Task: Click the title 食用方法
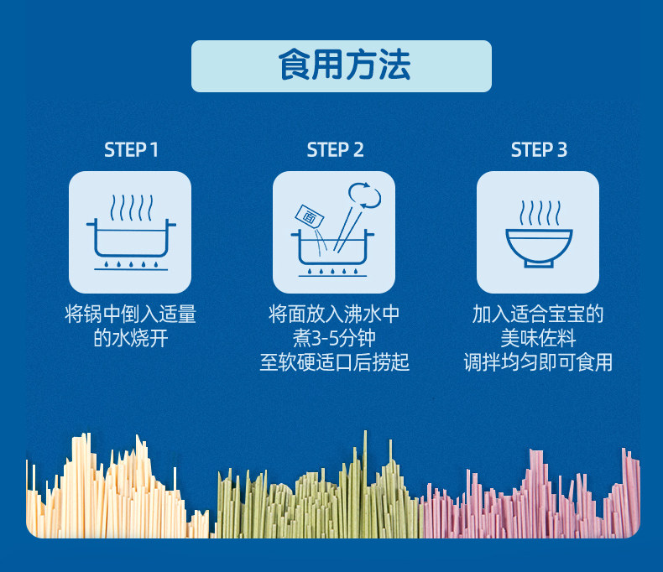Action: (342, 65)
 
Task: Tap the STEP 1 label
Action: (131, 150)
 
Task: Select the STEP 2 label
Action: (335, 150)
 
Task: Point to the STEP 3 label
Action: (539, 150)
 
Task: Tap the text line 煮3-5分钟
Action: (334, 339)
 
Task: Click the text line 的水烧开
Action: (130, 339)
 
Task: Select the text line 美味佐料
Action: (538, 339)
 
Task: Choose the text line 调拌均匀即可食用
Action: (538, 362)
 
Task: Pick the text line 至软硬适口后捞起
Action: (334, 362)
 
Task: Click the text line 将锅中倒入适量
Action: (130, 315)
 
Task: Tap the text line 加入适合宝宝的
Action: (538, 315)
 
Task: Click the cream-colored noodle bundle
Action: (109, 495)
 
